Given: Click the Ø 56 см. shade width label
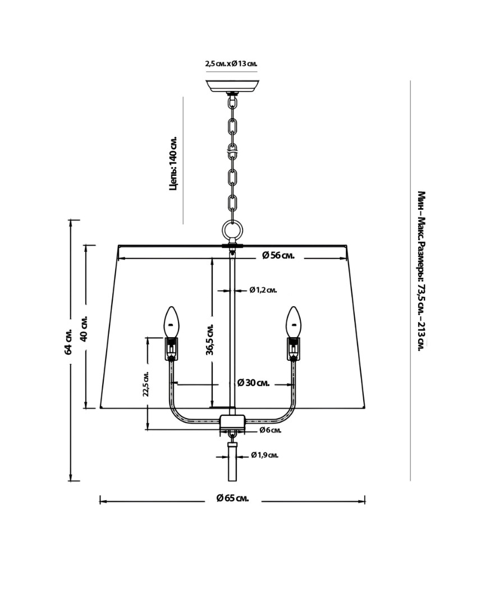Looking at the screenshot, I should pos(278,256).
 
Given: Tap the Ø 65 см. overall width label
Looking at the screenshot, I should pos(232,499).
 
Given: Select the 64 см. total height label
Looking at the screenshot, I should pos(68,341).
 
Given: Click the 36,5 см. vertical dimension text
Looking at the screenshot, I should pos(211,339).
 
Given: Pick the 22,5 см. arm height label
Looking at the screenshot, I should pos(145,384).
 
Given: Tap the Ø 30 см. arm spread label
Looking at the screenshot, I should pos(253,383).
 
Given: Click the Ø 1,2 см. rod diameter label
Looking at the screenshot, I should pos(263,291).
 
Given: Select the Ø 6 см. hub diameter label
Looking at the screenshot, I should pos(270,430).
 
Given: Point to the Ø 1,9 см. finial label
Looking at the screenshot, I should pos(264,455).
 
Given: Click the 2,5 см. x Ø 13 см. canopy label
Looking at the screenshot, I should pos(231,64).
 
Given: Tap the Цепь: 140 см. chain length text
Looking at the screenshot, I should pos(173,163).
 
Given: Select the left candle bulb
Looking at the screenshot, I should pos(171,321).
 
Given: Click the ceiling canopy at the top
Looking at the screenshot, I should pos(232,86).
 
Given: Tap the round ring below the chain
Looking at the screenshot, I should pos(232,229).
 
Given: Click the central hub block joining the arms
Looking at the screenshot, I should pos(232,422).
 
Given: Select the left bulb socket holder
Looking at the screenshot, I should pos(171,348).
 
